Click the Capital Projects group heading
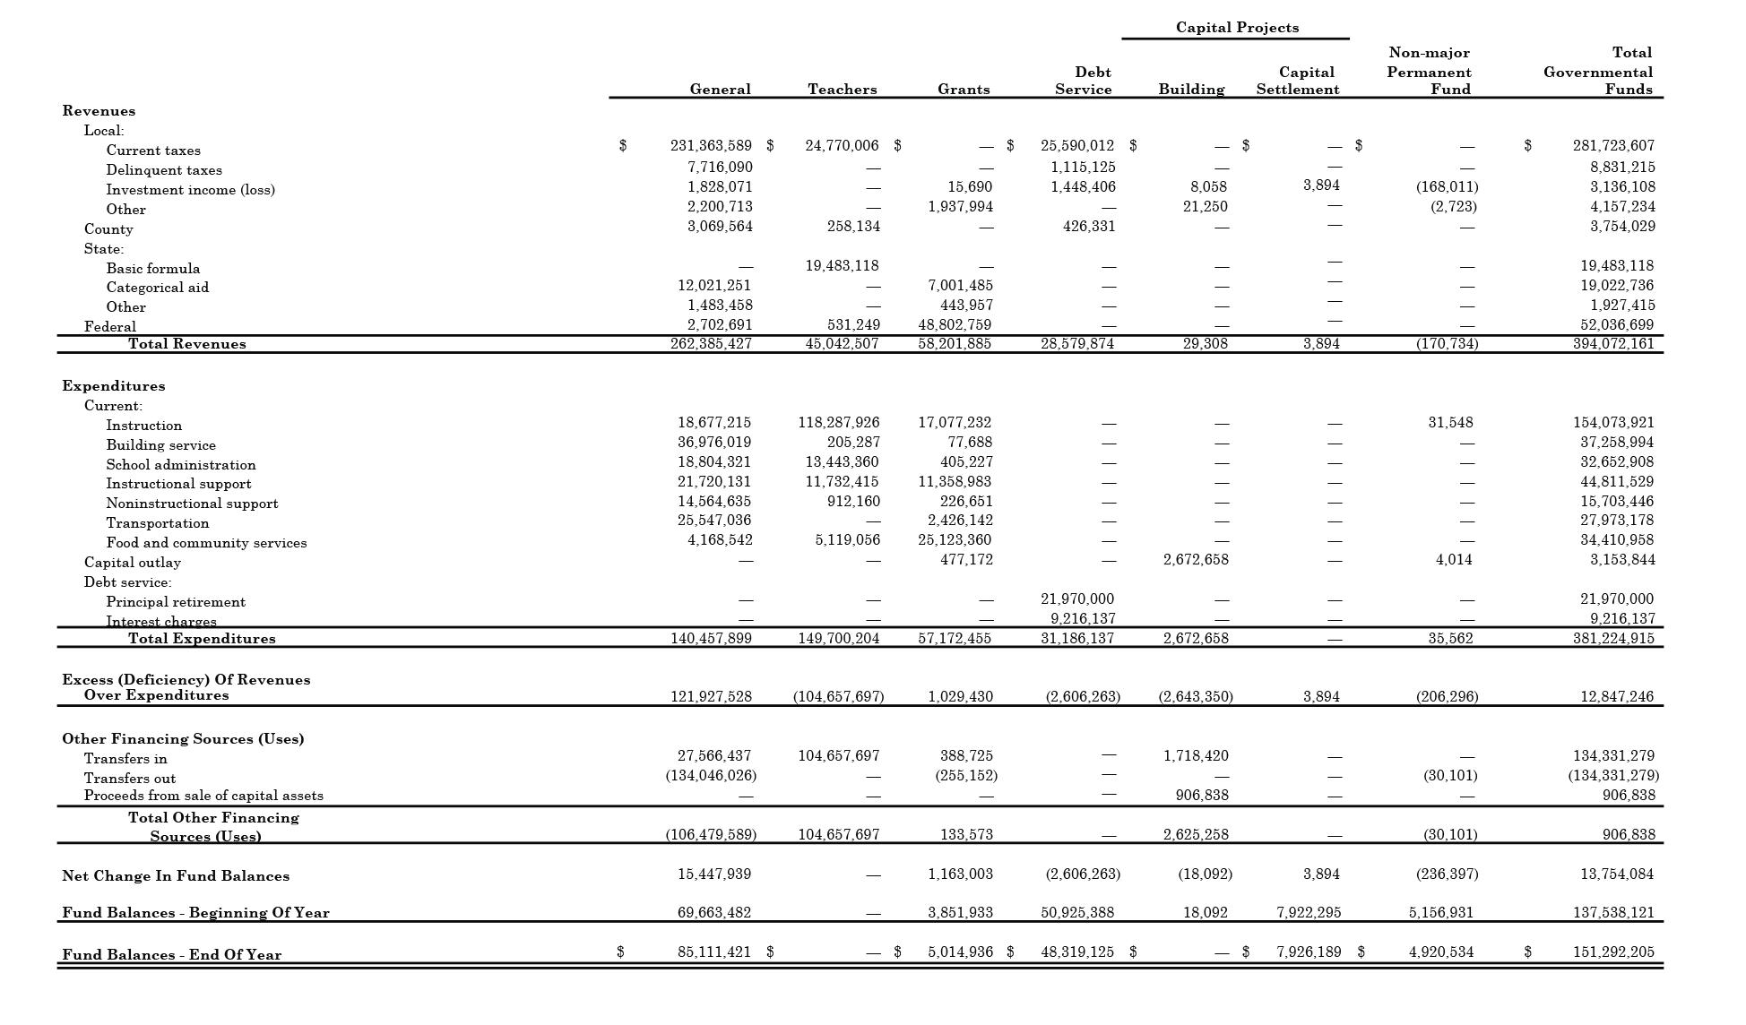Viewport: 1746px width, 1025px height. tap(1237, 28)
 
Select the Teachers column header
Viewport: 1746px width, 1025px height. tap(842, 90)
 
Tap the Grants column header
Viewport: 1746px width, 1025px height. tap(964, 90)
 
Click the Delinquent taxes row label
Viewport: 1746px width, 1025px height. tap(164, 170)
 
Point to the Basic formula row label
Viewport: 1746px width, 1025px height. tap(153, 269)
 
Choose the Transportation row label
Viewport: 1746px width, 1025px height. tap(158, 523)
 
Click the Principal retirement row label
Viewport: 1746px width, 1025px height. tap(176, 602)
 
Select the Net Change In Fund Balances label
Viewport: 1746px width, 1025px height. tap(176, 876)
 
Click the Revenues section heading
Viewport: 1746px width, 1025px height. tap(99, 111)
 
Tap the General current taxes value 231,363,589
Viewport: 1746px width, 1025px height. tap(711, 145)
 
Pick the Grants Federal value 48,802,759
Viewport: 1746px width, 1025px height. tap(955, 325)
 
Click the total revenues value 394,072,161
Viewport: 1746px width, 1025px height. tap(1613, 343)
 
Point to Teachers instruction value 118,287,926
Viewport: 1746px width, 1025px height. tap(838, 422)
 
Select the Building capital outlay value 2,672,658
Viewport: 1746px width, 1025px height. tap(1196, 559)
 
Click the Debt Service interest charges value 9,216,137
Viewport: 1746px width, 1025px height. tap(1083, 618)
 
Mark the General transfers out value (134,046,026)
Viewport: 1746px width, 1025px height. tap(711, 775)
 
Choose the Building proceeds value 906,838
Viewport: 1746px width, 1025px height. tap(1202, 795)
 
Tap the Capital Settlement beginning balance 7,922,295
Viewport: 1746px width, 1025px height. tap(1309, 912)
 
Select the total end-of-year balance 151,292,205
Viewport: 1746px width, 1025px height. tap(1613, 952)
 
